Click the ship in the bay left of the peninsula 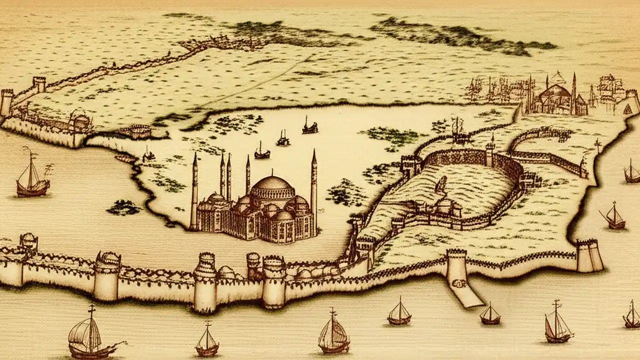(x=32, y=175)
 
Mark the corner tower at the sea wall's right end (x=589, y=255)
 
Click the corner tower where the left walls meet (x=6, y=102)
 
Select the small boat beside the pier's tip (x=489, y=313)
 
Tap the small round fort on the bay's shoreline (x=140, y=131)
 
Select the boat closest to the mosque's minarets (x=261, y=151)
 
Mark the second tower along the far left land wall (x=39, y=83)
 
